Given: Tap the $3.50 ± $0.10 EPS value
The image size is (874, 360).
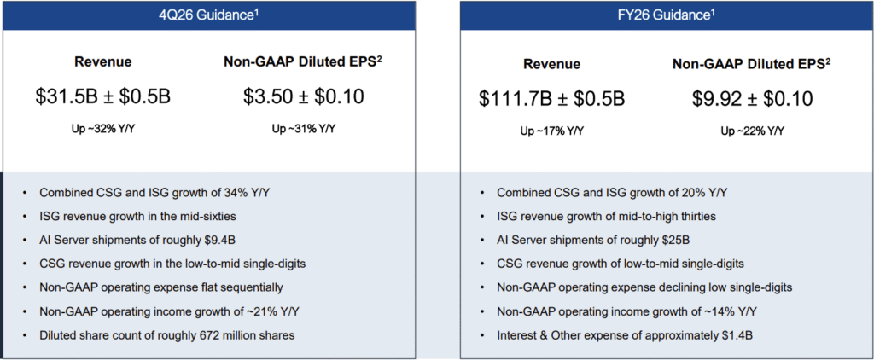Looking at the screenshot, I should (304, 96).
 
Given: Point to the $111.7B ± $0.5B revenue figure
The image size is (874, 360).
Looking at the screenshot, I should (551, 98).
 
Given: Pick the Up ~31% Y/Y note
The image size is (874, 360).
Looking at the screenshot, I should (304, 129).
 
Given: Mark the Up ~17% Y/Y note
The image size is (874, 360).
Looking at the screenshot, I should (552, 131).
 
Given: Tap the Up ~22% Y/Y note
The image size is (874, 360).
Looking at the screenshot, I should (752, 131).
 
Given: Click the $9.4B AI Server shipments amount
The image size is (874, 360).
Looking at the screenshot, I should (213, 240).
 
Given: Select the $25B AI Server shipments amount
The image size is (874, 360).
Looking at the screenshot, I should (668, 240).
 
